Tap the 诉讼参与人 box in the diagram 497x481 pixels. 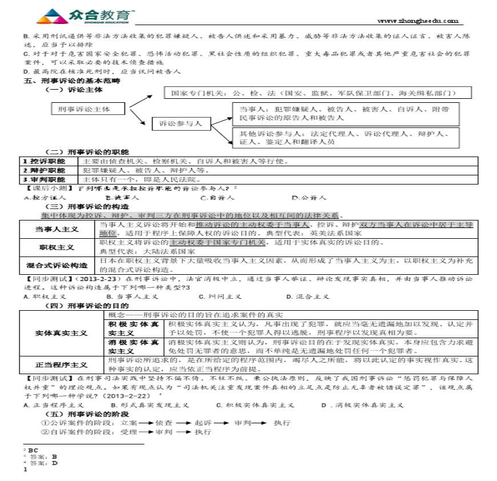click(x=181, y=123)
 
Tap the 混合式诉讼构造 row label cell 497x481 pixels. click(x=57, y=265)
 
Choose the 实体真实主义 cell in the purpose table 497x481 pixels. click(x=61, y=332)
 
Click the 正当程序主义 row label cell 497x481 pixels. click(x=61, y=364)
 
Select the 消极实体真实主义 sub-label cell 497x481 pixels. click(x=134, y=346)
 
